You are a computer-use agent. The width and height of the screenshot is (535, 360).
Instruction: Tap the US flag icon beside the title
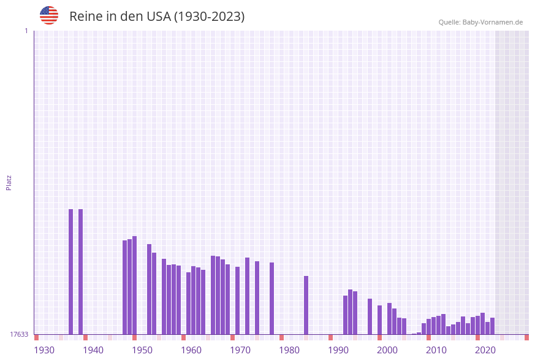(x=49, y=15)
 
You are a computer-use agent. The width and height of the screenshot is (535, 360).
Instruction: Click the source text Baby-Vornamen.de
(x=493, y=22)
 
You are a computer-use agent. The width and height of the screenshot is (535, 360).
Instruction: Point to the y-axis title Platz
(x=9, y=182)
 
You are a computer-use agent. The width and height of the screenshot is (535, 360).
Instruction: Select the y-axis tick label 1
(x=26, y=31)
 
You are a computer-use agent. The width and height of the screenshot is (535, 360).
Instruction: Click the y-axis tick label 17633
(x=19, y=334)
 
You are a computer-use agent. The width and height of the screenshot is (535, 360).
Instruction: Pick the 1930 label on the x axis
(x=44, y=350)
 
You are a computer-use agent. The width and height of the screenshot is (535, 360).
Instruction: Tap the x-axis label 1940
(x=93, y=350)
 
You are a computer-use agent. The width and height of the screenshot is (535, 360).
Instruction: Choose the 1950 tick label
(x=142, y=350)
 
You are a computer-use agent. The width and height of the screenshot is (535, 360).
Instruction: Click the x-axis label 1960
(x=191, y=350)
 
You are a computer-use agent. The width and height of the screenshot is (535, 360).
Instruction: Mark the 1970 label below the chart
(x=240, y=350)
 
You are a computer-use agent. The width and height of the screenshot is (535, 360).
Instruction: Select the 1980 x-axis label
(x=289, y=350)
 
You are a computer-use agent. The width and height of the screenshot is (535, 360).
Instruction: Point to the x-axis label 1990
(x=338, y=350)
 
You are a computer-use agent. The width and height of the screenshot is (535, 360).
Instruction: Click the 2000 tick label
(x=387, y=350)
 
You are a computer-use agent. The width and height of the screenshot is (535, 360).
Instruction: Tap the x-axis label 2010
(x=436, y=350)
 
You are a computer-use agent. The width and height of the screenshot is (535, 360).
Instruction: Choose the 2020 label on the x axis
(x=485, y=350)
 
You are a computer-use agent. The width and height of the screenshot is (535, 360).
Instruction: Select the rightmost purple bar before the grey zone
(x=492, y=326)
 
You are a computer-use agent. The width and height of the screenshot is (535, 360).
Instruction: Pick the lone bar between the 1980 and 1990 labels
(x=306, y=305)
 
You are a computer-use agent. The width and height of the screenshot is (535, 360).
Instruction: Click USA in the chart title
(x=159, y=17)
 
